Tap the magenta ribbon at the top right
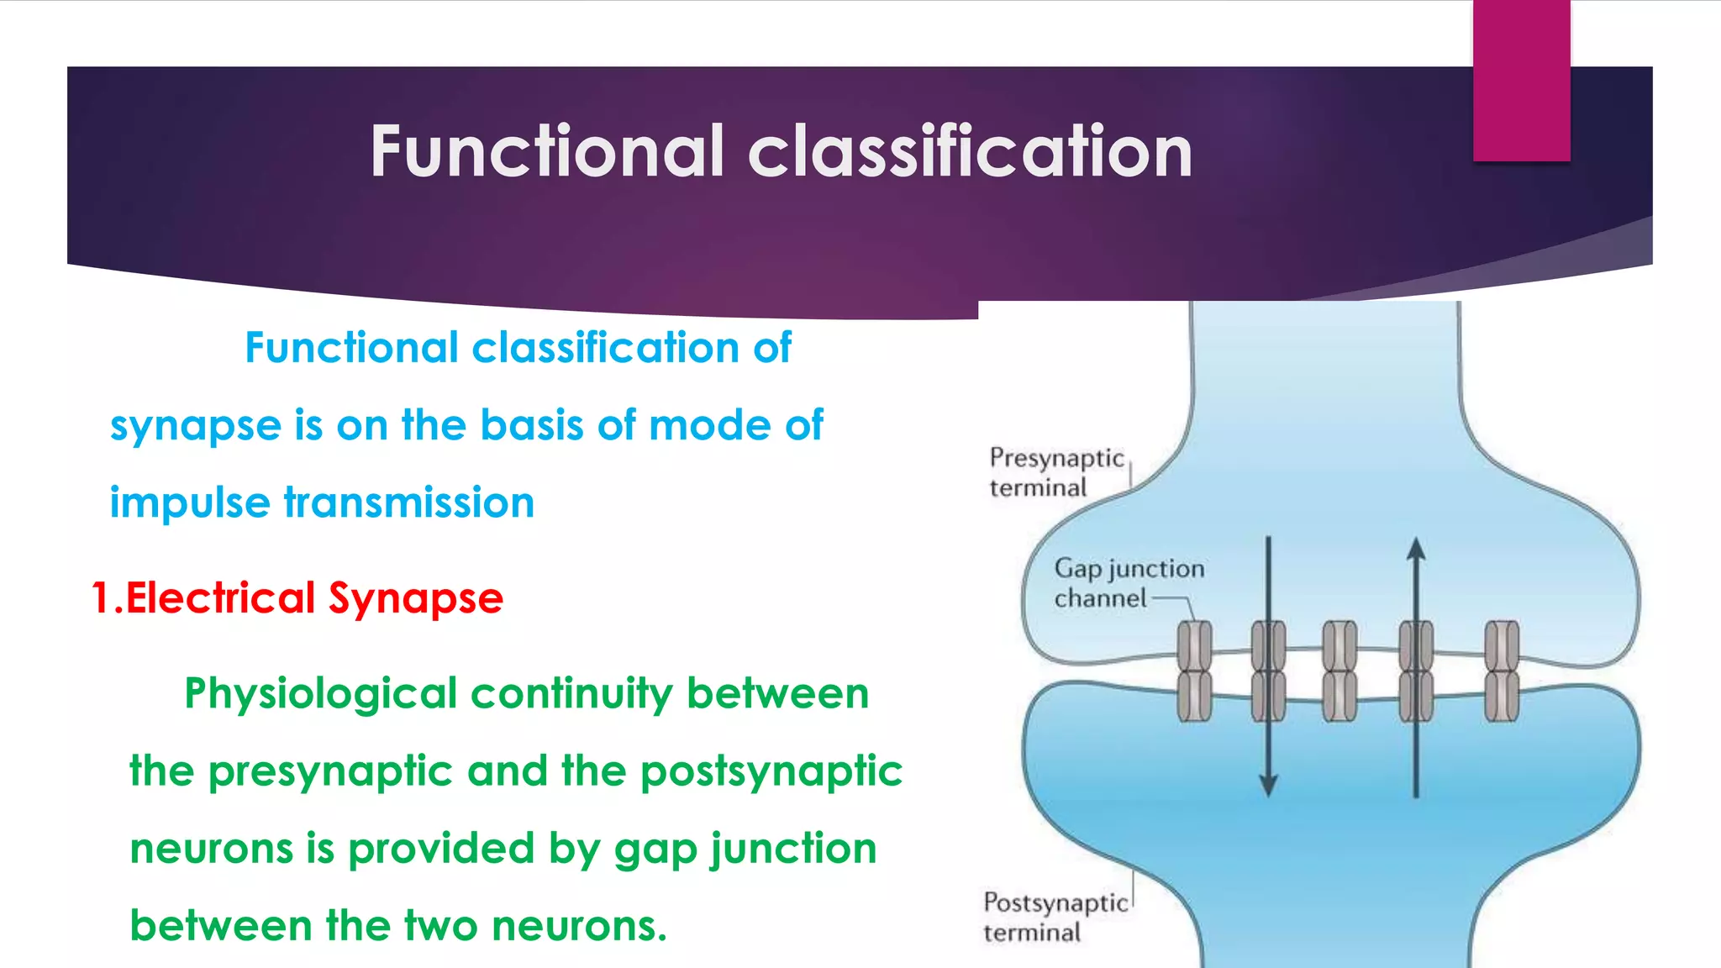tap(1521, 80)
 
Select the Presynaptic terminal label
tap(1055, 472)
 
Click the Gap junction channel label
tap(1128, 583)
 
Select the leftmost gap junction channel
tap(1194, 671)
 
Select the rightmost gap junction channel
tap(1502, 671)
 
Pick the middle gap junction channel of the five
tap(1339, 671)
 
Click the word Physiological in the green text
tap(321, 694)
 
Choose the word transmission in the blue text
tap(409, 502)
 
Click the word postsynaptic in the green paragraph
tap(771, 771)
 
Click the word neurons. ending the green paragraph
tap(579, 926)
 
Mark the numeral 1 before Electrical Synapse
tap(102, 598)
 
